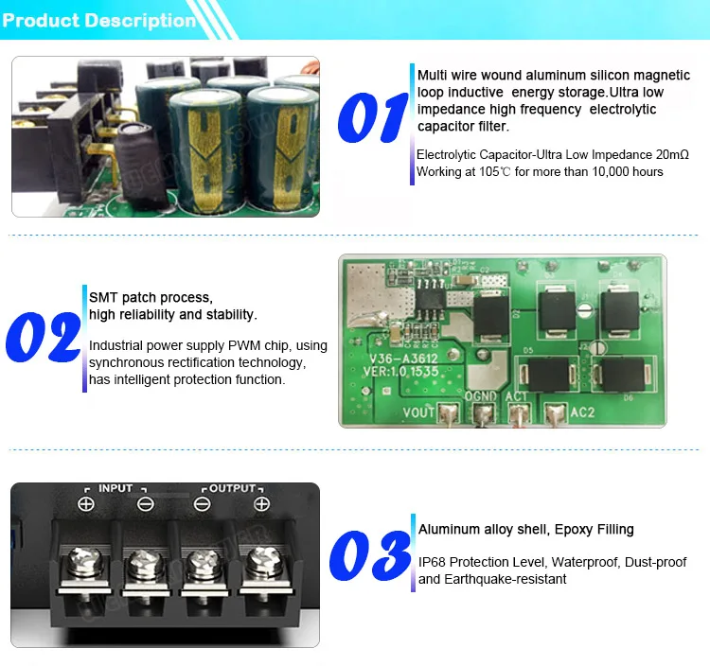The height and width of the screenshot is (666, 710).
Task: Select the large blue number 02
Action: click(43, 335)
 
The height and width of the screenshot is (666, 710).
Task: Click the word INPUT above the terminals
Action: click(115, 488)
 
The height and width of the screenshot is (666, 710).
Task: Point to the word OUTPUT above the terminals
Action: click(232, 488)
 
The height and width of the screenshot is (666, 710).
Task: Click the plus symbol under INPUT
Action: click(86, 503)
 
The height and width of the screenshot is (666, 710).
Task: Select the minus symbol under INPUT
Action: click(145, 503)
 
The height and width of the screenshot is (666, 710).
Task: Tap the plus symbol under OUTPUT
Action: click(262, 503)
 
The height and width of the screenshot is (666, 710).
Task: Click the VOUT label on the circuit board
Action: click(419, 412)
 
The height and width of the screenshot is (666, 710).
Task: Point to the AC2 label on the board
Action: click(581, 413)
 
